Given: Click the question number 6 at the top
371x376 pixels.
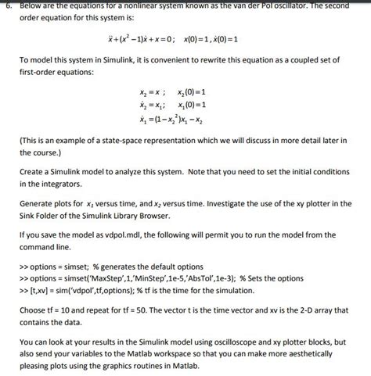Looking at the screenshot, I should (6, 4).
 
